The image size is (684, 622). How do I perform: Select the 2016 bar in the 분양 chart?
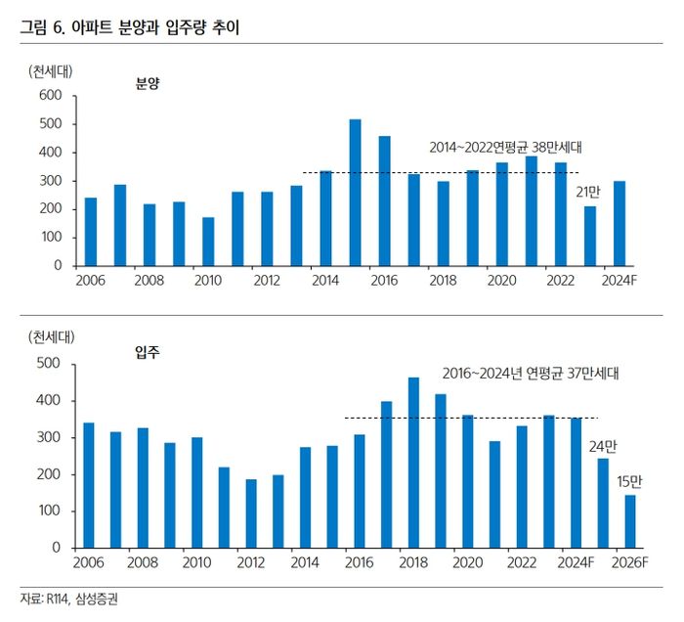385,200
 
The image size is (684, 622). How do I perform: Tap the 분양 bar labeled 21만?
590,236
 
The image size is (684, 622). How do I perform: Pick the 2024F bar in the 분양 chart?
620,223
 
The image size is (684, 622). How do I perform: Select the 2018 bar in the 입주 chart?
413,463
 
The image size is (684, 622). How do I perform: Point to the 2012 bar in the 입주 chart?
251,513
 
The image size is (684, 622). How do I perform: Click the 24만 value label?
603,446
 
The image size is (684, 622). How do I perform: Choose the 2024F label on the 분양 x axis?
619,282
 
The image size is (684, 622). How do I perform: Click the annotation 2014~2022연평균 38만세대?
506,148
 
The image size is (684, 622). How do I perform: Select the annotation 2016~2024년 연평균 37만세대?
532,373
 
